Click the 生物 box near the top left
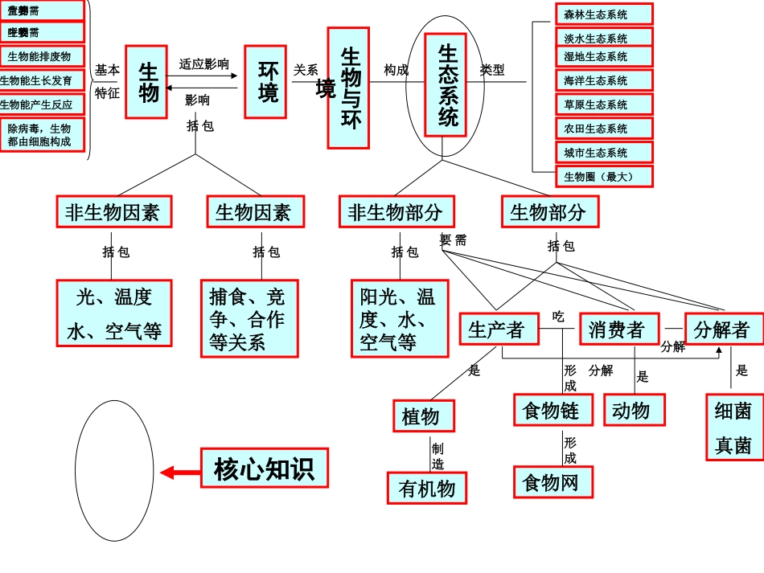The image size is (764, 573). coord(146,82)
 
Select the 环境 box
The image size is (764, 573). coord(265,82)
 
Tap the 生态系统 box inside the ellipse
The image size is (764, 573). coord(446,85)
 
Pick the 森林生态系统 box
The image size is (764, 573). coord(604,14)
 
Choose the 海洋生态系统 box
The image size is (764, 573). coord(604,80)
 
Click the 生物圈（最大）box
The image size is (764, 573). coord(604,177)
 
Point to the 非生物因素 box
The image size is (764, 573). coord(113,212)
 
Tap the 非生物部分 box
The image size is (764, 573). coord(396,212)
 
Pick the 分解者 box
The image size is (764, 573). coord(724,329)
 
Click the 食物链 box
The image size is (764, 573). coord(553,410)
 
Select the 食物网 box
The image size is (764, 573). coord(553,482)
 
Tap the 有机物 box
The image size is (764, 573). coord(427,488)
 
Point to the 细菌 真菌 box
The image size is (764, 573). coord(734,427)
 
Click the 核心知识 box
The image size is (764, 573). coord(265,468)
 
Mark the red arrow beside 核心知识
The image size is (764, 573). coord(179,473)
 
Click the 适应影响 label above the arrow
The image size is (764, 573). coord(203,64)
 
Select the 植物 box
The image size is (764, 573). coord(424,416)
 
